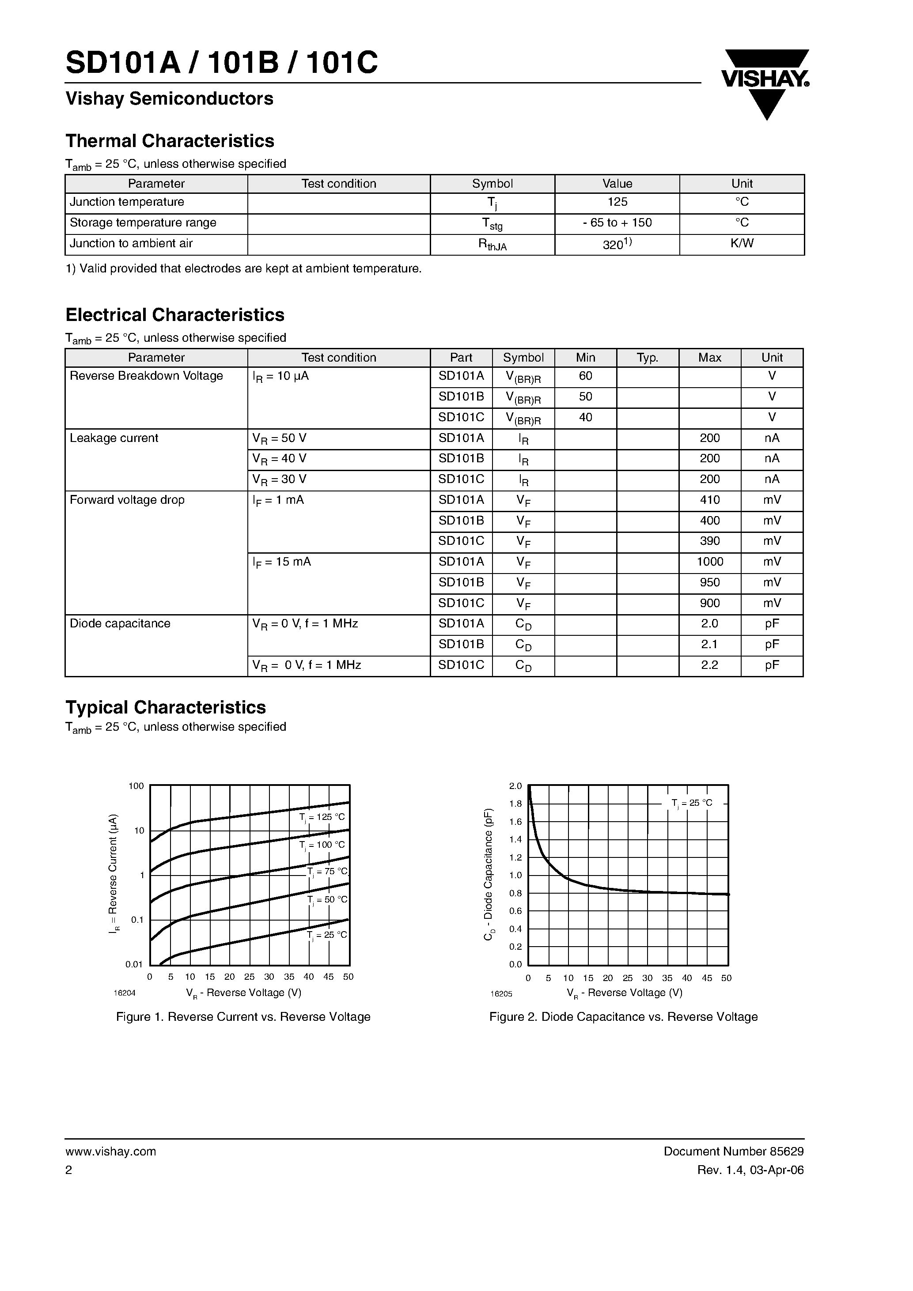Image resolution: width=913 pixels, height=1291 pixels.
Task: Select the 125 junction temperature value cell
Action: tap(617, 202)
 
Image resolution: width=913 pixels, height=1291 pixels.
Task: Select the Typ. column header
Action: tap(648, 358)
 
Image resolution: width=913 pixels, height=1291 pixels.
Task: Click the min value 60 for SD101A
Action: tap(585, 376)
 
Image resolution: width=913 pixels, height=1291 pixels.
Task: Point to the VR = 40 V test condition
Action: tap(280, 459)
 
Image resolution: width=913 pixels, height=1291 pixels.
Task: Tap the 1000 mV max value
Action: tap(709, 562)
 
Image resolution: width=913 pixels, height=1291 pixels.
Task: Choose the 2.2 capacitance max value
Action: tap(709, 665)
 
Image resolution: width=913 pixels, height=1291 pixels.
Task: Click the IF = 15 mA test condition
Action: tap(282, 562)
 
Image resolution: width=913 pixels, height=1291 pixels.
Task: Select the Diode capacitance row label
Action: tap(120, 623)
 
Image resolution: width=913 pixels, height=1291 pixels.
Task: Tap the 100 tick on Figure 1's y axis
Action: tap(136, 786)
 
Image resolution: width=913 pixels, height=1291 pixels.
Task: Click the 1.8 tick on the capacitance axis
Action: tap(515, 804)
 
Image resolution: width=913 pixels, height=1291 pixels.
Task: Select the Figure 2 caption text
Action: tap(623, 1017)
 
